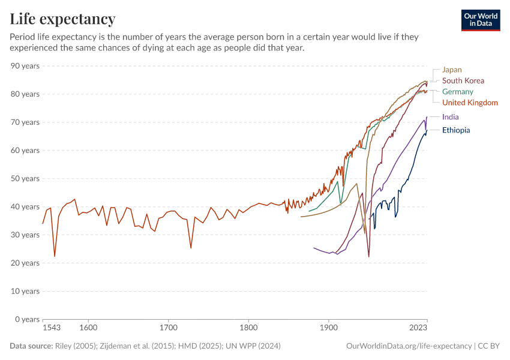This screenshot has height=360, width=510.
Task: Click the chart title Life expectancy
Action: (62, 19)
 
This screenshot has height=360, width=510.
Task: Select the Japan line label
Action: (452, 70)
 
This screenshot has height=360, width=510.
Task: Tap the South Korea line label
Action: (463, 80)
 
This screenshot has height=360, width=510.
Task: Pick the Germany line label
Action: (457, 92)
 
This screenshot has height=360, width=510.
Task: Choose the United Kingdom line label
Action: (470, 103)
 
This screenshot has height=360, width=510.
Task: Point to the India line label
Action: (450, 117)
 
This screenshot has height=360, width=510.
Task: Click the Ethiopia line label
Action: (456, 130)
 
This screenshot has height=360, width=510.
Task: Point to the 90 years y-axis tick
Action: (25, 66)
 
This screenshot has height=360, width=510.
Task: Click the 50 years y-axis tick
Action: (25, 179)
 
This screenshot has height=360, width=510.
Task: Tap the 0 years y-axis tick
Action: (27, 319)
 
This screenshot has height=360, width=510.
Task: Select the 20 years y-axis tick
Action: (25, 263)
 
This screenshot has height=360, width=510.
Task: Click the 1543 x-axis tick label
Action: (52, 328)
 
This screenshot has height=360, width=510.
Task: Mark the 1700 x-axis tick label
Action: (169, 328)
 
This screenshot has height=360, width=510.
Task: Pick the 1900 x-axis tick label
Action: (328, 328)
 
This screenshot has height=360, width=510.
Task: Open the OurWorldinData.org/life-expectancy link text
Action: (409, 346)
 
